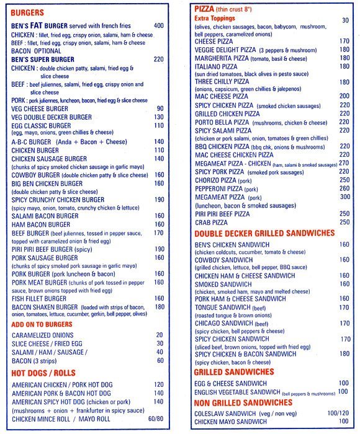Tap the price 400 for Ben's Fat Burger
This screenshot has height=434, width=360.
(x=158, y=26)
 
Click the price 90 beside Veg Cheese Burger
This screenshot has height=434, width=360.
(x=160, y=108)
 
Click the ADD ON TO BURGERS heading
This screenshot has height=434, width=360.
(x=42, y=324)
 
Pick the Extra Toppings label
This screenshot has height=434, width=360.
(x=215, y=19)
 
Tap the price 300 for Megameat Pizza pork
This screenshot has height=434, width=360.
(x=344, y=197)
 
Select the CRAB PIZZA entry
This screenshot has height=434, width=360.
(x=211, y=222)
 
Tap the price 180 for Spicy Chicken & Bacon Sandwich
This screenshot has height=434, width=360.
(x=344, y=354)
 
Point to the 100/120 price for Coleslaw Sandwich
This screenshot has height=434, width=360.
(x=339, y=413)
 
